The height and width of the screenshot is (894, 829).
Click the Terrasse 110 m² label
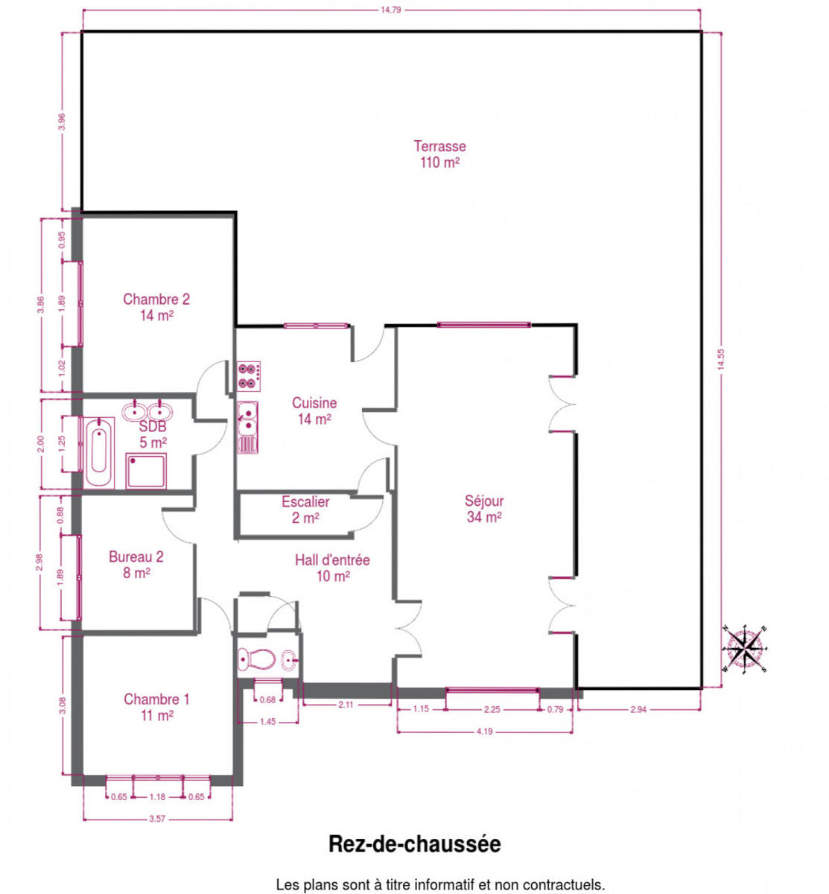439,154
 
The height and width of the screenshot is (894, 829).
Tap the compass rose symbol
746,649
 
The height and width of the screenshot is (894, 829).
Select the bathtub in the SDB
99,452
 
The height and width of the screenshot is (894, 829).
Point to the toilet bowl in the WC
256,659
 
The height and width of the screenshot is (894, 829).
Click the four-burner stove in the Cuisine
249,376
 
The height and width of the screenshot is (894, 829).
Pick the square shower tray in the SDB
146,471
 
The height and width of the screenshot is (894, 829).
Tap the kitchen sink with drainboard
247,427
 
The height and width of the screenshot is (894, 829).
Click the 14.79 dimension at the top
390,10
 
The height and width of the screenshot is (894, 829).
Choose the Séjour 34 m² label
484,509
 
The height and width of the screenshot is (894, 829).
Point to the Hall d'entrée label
333,560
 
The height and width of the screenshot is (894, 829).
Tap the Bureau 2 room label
136,557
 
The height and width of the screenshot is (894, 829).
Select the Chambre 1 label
156,699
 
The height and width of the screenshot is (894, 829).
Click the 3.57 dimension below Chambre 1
157,819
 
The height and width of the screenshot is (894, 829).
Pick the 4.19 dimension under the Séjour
484,732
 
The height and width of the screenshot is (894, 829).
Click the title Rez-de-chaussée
414,844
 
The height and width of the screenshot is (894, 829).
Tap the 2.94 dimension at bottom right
638,709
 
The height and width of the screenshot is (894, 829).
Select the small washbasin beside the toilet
288,660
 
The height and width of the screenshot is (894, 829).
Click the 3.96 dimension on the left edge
62,121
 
